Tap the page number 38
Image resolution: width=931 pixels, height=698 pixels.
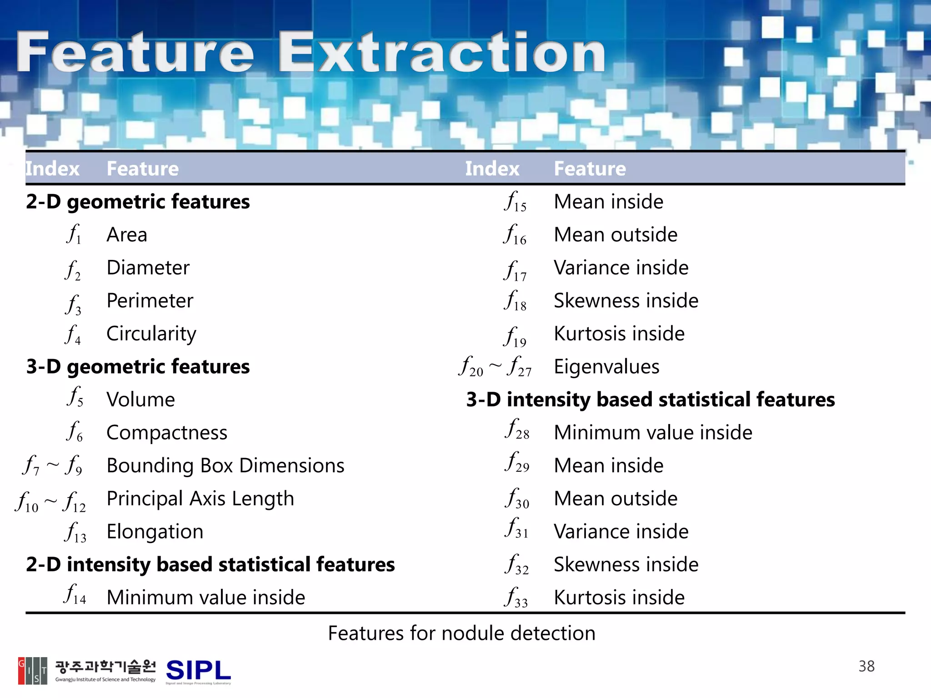(866, 666)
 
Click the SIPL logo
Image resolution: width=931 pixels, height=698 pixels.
(198, 671)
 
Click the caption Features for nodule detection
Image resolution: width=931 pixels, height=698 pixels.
(461, 633)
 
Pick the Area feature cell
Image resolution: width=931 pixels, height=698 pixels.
(127, 235)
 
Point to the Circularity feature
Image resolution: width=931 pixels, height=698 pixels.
(151, 334)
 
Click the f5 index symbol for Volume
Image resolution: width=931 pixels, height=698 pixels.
(75, 396)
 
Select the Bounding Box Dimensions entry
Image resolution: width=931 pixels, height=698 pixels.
(225, 466)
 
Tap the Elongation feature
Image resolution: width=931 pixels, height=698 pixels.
(155, 532)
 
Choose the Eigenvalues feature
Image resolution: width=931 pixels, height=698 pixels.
(606, 367)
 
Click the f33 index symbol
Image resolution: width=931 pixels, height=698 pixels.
(516, 597)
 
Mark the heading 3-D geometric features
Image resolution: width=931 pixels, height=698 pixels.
(138, 367)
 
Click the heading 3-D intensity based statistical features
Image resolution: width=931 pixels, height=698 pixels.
(650, 400)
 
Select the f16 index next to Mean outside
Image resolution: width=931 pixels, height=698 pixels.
(515, 235)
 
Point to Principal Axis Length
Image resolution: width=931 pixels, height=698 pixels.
(200, 499)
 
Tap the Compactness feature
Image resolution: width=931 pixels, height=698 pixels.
(166, 433)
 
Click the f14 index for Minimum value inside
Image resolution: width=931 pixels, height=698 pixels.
(75, 594)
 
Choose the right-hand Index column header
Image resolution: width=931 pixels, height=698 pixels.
(492, 169)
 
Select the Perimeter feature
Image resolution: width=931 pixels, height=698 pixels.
(150, 301)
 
